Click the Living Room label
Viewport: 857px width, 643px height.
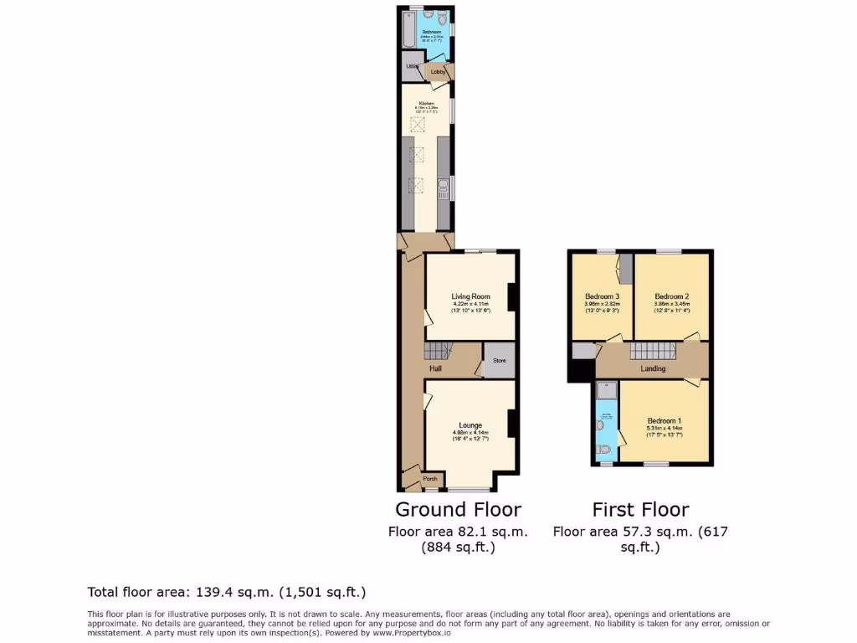[470, 296]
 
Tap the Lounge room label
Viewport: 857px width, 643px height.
[470, 425]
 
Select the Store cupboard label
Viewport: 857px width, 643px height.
[500, 361]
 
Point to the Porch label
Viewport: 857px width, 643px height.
[430, 479]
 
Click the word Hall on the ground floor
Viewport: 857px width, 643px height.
[436, 368]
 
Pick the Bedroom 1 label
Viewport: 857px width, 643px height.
[665, 420]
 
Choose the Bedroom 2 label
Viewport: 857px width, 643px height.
[671, 296]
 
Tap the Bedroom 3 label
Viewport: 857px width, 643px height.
[602, 296]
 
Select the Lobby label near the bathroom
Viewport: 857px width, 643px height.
[439, 73]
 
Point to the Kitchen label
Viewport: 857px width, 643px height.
[427, 104]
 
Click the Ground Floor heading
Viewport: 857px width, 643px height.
[458, 509]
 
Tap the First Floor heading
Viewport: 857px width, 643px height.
[640, 509]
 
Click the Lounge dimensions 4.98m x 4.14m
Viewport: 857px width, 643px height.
[470, 432]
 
